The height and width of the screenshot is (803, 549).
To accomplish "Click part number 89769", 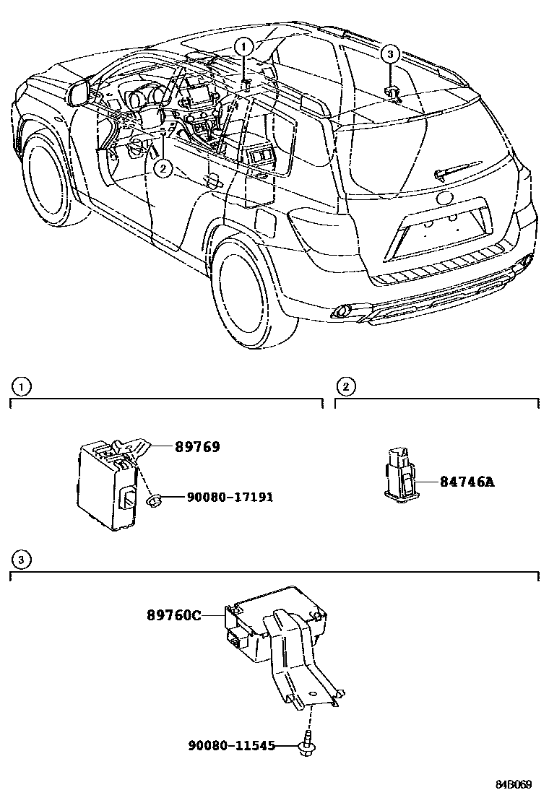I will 196,447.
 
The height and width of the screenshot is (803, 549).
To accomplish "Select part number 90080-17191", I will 230,498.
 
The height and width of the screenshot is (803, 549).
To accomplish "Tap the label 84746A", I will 467,482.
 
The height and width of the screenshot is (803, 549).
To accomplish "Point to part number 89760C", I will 173,615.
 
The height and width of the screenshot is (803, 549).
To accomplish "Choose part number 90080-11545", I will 231,746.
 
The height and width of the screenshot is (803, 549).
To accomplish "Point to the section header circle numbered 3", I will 22,560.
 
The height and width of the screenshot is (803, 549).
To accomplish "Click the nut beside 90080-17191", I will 153,500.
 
